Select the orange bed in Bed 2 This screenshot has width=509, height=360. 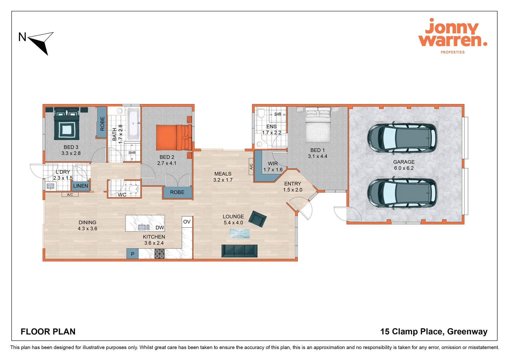tap(174, 137)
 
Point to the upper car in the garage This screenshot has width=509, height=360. tap(402, 138)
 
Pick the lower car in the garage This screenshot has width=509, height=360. tap(402, 193)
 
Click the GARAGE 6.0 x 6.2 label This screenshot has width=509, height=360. tap(404, 165)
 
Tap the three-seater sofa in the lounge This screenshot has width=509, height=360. tap(239, 251)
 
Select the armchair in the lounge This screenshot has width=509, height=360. tap(257, 219)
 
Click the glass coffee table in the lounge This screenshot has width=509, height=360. tap(240, 234)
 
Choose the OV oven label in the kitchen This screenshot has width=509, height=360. tap(187, 222)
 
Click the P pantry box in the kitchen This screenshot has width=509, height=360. tap(132, 254)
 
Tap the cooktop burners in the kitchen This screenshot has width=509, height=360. tap(160, 254)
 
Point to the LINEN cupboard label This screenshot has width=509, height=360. tap(81, 186)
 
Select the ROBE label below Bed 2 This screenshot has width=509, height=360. tap(177, 192)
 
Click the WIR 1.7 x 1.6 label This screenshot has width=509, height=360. tap(273, 167)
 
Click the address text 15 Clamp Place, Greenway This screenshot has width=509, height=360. tap(434, 332)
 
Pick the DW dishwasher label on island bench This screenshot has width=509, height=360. tap(160, 228)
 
